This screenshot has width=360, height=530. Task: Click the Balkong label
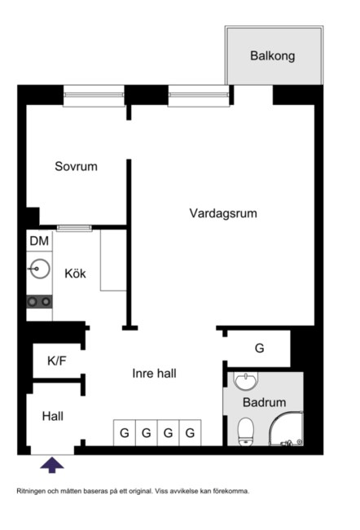pyautogui.click(x=272, y=57)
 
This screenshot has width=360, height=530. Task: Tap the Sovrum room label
pyautogui.click(x=76, y=167)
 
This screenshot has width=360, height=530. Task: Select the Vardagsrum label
pyautogui.click(x=223, y=214)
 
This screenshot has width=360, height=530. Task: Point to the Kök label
pyautogui.click(x=75, y=274)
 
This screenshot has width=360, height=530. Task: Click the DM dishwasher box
pyautogui.click(x=39, y=241)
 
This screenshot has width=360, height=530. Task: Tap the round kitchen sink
pyautogui.click(x=38, y=268)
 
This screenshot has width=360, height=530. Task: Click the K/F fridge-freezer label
pyautogui.click(x=57, y=360)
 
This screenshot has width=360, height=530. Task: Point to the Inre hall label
pyautogui.click(x=155, y=374)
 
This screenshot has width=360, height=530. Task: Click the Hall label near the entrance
pyautogui.click(x=52, y=416)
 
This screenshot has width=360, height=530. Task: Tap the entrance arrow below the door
pyautogui.click(x=52, y=465)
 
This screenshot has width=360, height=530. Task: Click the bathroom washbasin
pyautogui.click(x=244, y=381)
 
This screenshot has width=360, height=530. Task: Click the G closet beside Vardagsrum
pyautogui.click(x=259, y=348)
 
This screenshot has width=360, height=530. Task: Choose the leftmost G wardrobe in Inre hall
pyautogui.click(x=125, y=433)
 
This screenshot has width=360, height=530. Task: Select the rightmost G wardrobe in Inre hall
pyautogui.click(x=190, y=433)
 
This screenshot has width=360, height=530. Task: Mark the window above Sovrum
pyautogui.click(x=93, y=96)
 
